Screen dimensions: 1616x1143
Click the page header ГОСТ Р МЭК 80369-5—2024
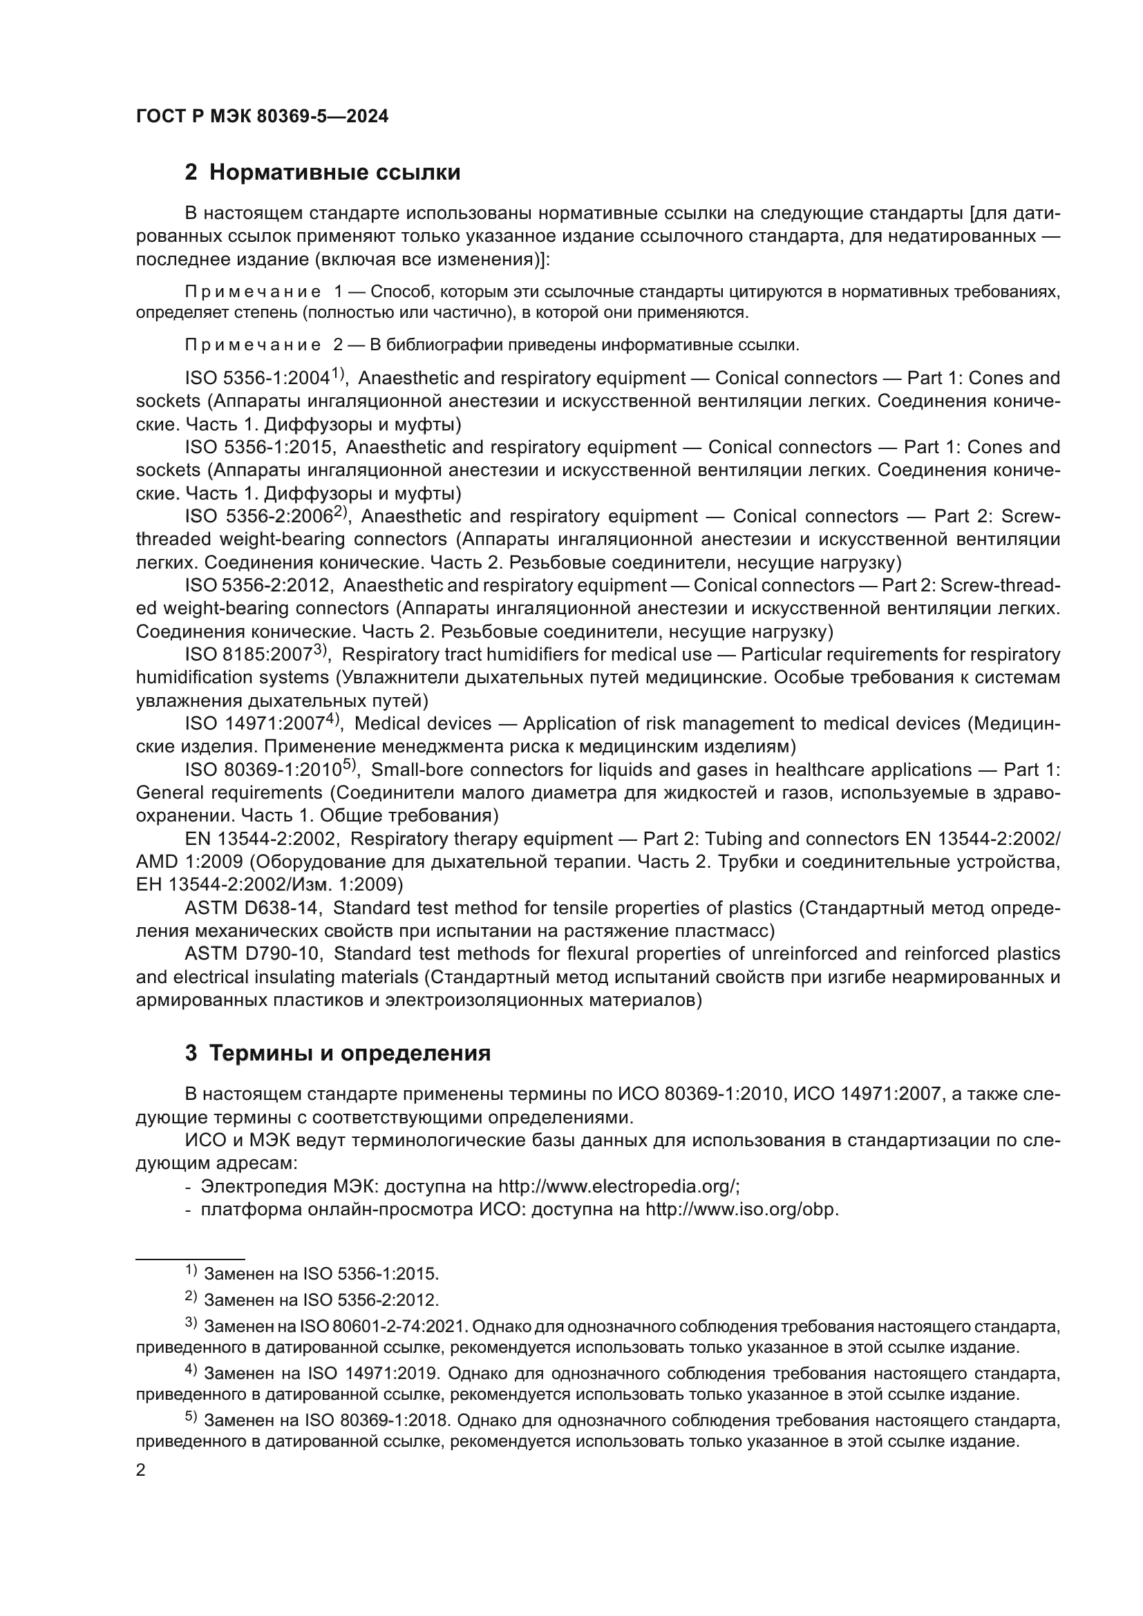tap(262, 117)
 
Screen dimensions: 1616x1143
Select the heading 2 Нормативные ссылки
tap(322, 173)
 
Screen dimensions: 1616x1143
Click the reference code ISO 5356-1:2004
tap(258, 379)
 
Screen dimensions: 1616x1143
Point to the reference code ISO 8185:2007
tap(249, 655)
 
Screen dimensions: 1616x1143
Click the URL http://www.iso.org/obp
tap(741, 1210)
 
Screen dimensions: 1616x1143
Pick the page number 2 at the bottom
tap(141, 1470)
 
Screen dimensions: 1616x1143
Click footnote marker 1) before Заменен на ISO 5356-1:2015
tap(191, 1271)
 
